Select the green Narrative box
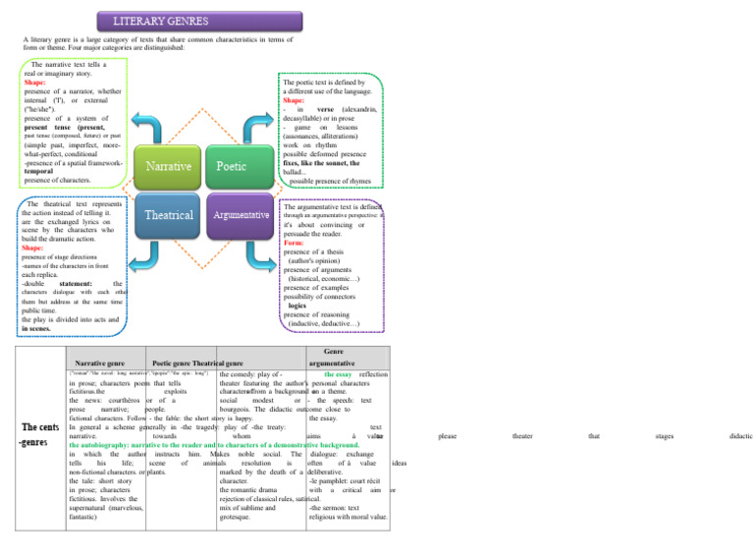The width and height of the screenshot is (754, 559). coord(168,167)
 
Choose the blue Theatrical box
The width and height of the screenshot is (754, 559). coord(168,214)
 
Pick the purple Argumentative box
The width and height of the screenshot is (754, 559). coord(240,214)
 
